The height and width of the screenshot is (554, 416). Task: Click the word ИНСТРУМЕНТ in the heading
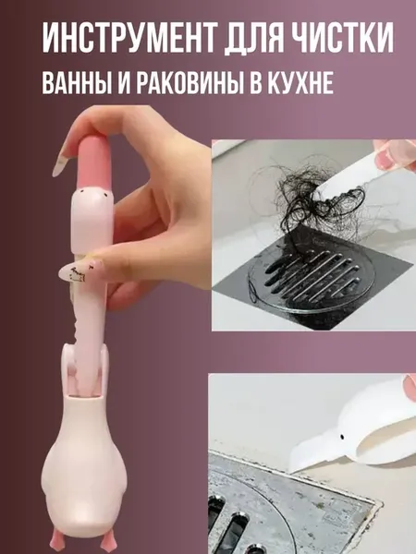click(x=128, y=38)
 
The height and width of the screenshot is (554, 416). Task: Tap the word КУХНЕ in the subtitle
click(x=302, y=83)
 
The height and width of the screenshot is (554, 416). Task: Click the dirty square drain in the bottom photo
click(x=283, y=509)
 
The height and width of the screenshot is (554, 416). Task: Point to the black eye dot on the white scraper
click(x=342, y=438)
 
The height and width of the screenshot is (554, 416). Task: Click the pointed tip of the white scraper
click(x=291, y=469)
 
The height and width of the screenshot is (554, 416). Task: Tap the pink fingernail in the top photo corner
click(x=384, y=159)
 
